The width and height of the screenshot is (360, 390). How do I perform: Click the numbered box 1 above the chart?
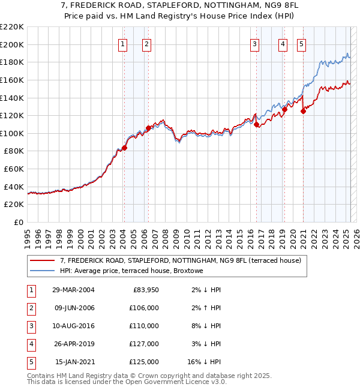pyautogui.click(x=122, y=43)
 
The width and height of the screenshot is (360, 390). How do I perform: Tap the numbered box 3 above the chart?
pyautogui.click(x=254, y=43)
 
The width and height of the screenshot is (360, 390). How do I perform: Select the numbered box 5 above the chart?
pyautogui.click(x=301, y=43)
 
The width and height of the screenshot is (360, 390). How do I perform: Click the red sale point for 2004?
pyautogui.click(x=124, y=148)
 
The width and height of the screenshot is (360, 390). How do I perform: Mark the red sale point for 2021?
pyautogui.click(x=303, y=111)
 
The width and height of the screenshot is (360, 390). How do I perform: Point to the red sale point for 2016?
pyautogui.click(x=256, y=124)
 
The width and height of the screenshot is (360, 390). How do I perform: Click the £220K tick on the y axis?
pyautogui.click(x=12, y=27)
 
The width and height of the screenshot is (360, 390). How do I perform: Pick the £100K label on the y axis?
pyautogui.click(x=12, y=133)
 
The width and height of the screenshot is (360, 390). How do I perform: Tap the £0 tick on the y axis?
pyautogui.click(x=18, y=223)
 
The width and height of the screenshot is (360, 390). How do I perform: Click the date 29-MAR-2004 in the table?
pyautogui.click(x=73, y=290)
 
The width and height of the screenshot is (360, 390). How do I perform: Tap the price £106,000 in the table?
pyautogui.click(x=144, y=308)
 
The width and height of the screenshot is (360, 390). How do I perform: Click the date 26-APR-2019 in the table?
pyautogui.click(x=73, y=344)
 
